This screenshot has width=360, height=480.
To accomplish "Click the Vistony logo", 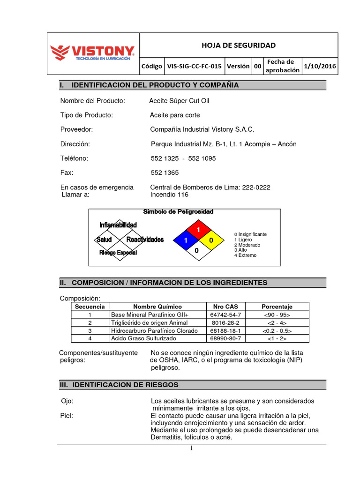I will tap(92, 53).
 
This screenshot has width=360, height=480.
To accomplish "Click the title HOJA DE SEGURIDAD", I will tap(238, 45).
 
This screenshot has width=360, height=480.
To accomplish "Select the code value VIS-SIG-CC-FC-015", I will tap(194, 66).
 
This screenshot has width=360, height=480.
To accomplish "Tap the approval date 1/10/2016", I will tap(320, 66).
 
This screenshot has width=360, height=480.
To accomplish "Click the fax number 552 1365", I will tap(165, 172).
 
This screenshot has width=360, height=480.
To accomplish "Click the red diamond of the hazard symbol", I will tap(197, 229).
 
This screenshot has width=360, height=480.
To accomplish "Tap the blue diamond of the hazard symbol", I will tap(185, 240).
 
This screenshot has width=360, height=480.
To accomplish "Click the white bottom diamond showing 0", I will tap(197, 251).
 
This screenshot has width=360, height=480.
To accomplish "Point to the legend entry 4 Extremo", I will tap(245, 255).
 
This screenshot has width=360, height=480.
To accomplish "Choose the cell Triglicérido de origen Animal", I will tap(149, 322).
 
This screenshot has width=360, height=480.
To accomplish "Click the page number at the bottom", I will tap(191, 448).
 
